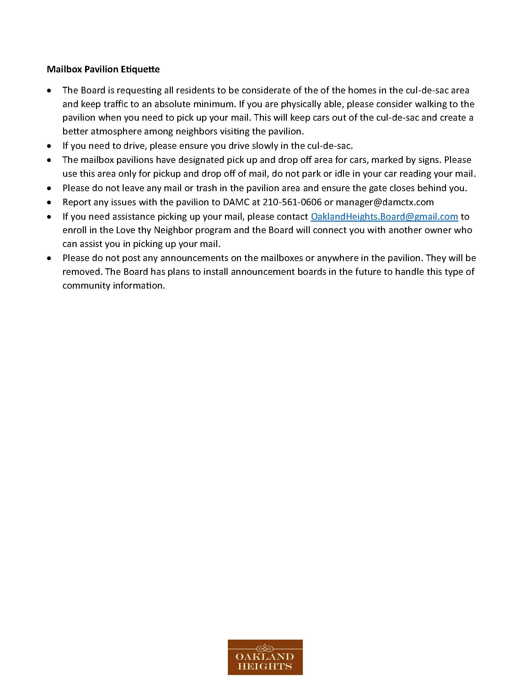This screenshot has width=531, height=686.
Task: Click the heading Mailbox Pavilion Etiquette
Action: tap(103, 69)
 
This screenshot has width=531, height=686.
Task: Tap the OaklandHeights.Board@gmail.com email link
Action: tap(384, 217)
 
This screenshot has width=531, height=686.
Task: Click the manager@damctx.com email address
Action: tap(385, 202)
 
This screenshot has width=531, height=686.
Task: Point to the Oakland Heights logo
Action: tap(265, 657)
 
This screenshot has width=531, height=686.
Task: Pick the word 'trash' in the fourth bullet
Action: tap(207, 188)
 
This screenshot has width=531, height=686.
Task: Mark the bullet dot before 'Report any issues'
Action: tap(49, 202)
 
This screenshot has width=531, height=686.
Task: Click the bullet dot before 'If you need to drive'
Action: tap(49, 146)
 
